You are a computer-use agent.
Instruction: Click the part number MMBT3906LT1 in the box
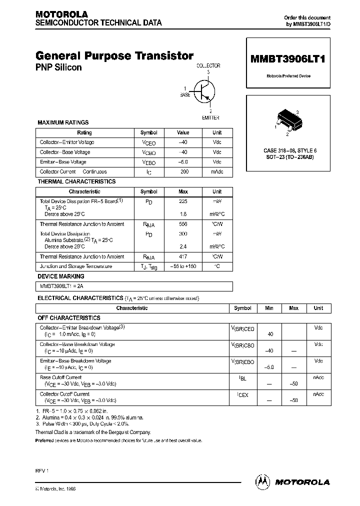287,58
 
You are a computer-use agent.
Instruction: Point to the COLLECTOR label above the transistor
208,65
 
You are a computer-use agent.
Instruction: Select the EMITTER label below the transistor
210,117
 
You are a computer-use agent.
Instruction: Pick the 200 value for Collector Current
183,171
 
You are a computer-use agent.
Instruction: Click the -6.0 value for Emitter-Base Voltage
183,162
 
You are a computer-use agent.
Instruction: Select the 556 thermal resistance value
183,224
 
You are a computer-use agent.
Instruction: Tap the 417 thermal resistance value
183,256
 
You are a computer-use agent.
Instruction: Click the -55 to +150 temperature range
183,266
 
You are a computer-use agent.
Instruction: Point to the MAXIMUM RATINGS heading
63,122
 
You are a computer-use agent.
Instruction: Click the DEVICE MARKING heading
61,276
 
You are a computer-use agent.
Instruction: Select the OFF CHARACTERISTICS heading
69,318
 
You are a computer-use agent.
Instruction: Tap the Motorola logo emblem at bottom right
262,481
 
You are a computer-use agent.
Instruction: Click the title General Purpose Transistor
114,56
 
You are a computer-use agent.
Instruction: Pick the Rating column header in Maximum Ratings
84,133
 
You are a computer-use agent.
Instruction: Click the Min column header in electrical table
269,308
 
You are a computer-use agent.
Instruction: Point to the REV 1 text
42,471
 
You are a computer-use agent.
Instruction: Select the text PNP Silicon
58,67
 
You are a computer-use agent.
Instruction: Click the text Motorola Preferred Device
287,76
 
